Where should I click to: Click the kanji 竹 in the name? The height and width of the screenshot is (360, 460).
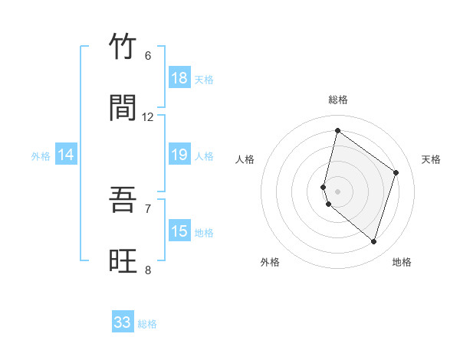pyautogui.click(x=123, y=47)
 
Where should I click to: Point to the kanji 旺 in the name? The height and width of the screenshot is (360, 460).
pyautogui.click(x=123, y=261)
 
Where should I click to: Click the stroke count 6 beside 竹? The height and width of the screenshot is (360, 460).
pyautogui.click(x=148, y=55)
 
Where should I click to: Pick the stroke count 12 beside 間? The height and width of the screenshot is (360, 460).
pyautogui.click(x=148, y=116)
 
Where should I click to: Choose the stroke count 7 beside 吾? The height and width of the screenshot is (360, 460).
pyautogui.click(x=148, y=208)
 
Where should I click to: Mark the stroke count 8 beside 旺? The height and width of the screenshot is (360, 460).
pyautogui.click(x=148, y=270)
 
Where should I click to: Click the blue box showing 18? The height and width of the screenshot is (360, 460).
pyautogui.click(x=179, y=78)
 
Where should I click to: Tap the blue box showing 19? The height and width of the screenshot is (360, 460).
pyautogui.click(x=179, y=155)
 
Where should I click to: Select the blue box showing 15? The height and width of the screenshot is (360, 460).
pyautogui.click(x=179, y=231)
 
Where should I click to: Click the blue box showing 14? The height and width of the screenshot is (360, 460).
pyautogui.click(x=66, y=155)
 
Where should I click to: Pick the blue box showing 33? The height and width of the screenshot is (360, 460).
pyautogui.click(x=123, y=322)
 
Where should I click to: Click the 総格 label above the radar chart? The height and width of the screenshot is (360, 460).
pyautogui.click(x=338, y=100)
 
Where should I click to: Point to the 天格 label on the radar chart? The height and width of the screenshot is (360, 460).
pyautogui.click(x=432, y=159)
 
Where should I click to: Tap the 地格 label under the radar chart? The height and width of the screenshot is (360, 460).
pyautogui.click(x=402, y=262)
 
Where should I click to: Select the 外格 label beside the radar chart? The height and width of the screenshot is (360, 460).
pyautogui.click(x=270, y=262)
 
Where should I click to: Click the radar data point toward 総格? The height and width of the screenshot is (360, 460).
pyautogui.click(x=337, y=130)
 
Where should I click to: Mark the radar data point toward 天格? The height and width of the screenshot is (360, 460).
pyautogui.click(x=396, y=172)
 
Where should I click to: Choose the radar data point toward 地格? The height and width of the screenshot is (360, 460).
pyautogui.click(x=373, y=242)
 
